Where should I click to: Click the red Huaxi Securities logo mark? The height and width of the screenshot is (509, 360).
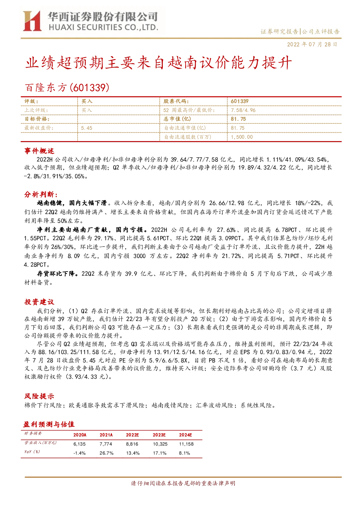coord(32,21)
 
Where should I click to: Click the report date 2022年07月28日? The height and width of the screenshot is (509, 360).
coord(312,44)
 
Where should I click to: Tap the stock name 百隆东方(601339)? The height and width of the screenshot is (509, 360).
coord(67,88)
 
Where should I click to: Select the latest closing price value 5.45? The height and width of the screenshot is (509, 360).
coord(87,128)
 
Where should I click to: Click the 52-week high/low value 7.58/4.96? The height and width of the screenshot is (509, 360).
coord(243,110)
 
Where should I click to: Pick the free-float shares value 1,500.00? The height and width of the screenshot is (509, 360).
coord(241,137)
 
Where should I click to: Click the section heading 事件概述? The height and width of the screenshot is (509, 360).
coord(39,151)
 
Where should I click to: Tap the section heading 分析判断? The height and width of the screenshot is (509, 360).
coord(41,194)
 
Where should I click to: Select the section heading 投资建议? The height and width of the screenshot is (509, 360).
coord(39,302)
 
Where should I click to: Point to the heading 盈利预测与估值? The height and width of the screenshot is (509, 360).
coord(49,424)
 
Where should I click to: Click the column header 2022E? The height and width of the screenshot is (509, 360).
coord(132,435)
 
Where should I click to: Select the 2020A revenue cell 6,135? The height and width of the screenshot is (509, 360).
coord(79,444)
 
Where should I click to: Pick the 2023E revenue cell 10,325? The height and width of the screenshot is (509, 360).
coord(160,444)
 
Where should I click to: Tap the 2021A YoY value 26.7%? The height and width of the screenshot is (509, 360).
coord(106,453)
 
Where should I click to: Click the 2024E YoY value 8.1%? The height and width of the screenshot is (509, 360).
coord(184,453)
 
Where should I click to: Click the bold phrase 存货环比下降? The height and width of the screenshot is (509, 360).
coord(56,274)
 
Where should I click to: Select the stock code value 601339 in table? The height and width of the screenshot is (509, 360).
coord(240,102)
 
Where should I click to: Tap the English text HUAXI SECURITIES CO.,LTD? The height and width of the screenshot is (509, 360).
coord(103,27)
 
